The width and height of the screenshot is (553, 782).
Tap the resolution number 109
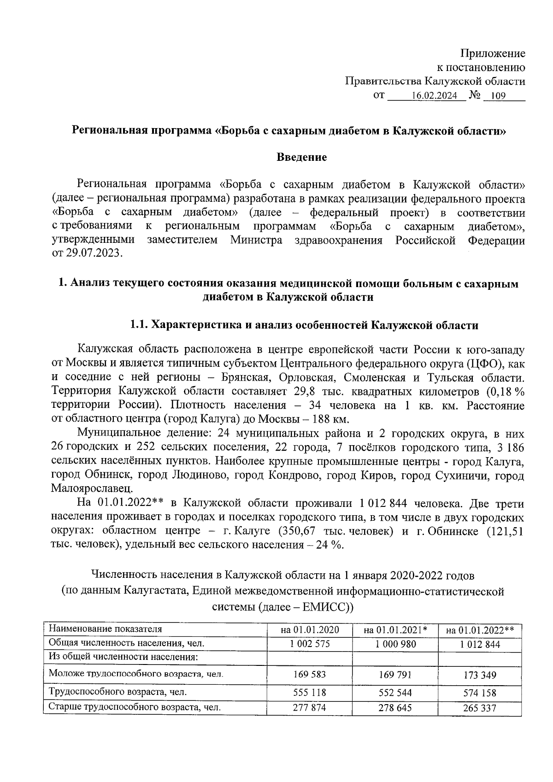[499, 96]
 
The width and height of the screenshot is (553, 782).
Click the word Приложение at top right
[494, 53]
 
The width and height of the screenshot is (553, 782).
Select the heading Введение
[302, 157]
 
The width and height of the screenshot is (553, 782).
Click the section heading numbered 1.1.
[304, 325]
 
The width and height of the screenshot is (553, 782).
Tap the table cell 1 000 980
[395, 644]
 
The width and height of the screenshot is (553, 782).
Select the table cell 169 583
[310, 675]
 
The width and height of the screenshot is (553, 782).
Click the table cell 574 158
[480, 693]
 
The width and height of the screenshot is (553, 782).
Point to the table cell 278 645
[395, 707]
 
